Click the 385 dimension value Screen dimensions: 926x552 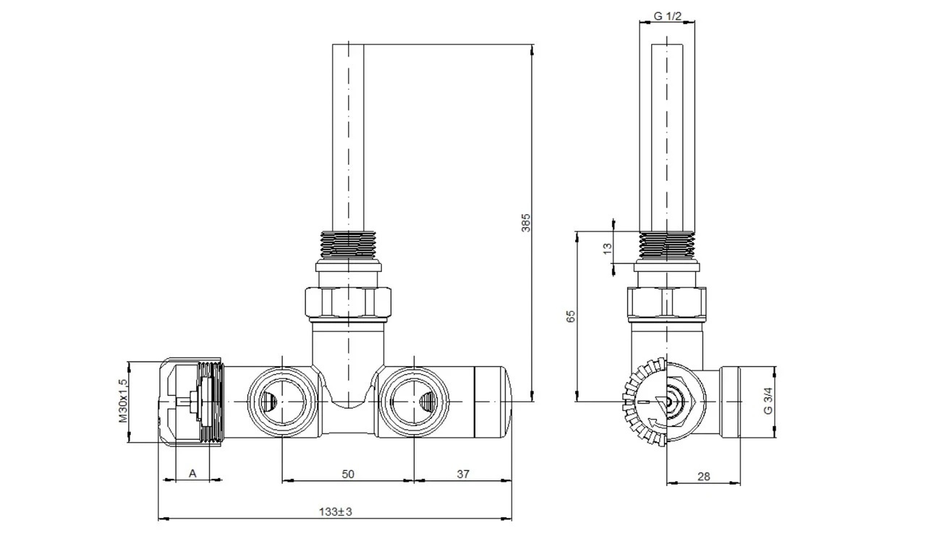(525, 223)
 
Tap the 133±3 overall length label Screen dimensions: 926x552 (335, 512)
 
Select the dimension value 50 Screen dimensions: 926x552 (348, 475)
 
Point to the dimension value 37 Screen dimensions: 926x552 (463, 475)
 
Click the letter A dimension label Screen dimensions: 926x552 (192, 473)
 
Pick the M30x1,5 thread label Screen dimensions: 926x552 (124, 401)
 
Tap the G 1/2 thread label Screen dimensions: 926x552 (668, 16)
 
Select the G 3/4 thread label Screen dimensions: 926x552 (768, 401)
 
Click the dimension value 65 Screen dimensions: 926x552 (571, 316)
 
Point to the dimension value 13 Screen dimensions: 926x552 (607, 248)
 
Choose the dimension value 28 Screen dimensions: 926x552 (704, 477)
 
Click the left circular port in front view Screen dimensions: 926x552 (282, 401)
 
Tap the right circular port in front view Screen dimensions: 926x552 (414, 401)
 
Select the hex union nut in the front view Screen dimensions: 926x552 (348, 304)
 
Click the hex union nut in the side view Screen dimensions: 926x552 (666, 305)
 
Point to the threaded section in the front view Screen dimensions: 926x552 (348, 245)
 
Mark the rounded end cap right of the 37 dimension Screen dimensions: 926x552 (493, 402)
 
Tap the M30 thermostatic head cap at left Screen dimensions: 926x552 (191, 402)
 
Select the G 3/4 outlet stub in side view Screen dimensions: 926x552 (747, 402)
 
